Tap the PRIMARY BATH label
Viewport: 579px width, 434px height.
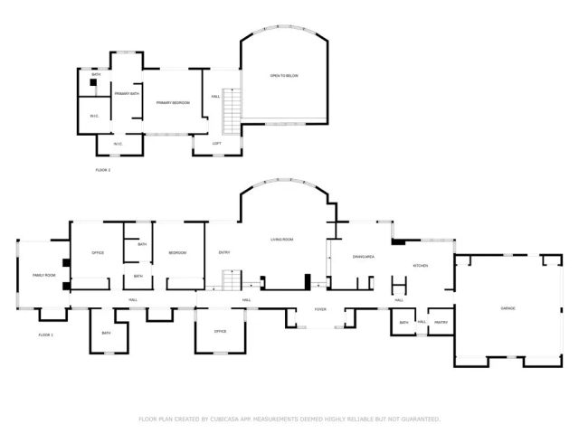pos(127,94)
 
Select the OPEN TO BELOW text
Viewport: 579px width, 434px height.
pos(283,75)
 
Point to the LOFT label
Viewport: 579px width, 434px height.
pos(217,144)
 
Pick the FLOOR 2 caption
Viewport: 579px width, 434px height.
pos(102,170)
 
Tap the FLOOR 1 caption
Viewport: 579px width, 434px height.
pos(46,335)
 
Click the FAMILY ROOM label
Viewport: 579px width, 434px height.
pos(43,275)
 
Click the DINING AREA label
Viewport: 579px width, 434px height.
pos(364,258)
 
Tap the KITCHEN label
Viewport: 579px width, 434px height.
pos(421,265)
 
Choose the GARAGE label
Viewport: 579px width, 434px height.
pos(508,308)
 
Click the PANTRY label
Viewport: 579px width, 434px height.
pos(441,322)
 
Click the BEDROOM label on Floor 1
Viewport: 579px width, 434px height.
pos(177,252)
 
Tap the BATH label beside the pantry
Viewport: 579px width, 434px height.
pos(403,322)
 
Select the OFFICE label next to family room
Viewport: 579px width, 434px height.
pos(98,252)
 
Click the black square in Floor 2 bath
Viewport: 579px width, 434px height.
pos(92,81)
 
